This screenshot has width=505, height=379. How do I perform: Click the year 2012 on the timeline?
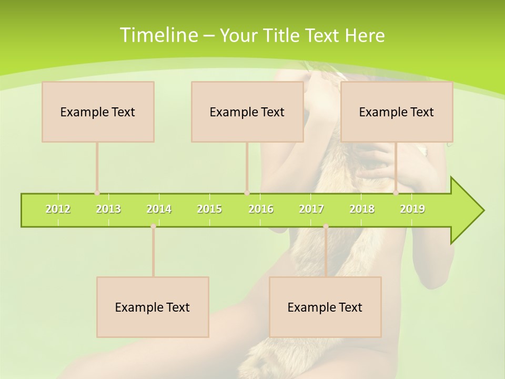pyautogui.click(x=58, y=209)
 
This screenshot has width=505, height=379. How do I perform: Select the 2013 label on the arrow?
pyautogui.click(x=108, y=209)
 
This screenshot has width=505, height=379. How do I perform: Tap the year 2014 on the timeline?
pyautogui.click(x=159, y=209)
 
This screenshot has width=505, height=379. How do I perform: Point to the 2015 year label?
pyautogui.click(x=209, y=209)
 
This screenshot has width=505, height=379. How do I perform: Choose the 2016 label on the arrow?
pyautogui.click(x=261, y=209)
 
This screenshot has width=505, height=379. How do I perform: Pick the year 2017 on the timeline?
pyautogui.click(x=311, y=209)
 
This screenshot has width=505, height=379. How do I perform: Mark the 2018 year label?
pyautogui.click(x=362, y=209)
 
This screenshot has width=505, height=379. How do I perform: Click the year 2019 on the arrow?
pyautogui.click(x=412, y=209)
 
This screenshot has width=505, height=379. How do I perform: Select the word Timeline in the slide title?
pyautogui.click(x=158, y=35)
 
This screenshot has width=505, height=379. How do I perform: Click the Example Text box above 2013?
pyautogui.click(x=98, y=112)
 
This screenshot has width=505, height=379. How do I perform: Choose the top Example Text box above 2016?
pyautogui.click(x=247, y=112)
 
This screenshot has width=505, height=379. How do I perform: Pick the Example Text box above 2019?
pyautogui.click(x=397, y=112)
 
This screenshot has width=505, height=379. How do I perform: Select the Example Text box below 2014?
pyautogui.click(x=153, y=307)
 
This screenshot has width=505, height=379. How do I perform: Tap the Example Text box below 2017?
pyautogui.click(x=325, y=307)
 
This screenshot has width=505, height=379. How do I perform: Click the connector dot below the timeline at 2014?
pyautogui.click(x=153, y=226)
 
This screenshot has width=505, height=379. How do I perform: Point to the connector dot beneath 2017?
pyautogui.click(x=326, y=226)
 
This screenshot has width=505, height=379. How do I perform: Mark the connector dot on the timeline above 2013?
pyautogui.click(x=97, y=193)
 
